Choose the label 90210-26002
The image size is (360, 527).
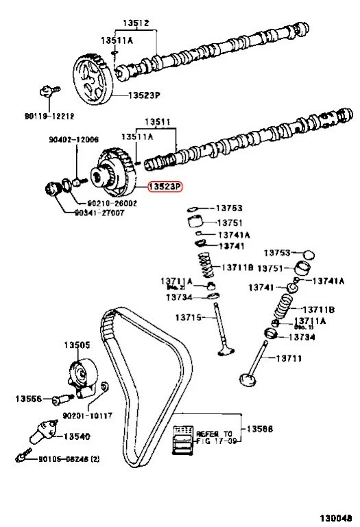pyautogui.click(x=112, y=203)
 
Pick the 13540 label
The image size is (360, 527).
pyautogui.click(x=77, y=436)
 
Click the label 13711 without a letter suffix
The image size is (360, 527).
pyautogui.click(x=289, y=358)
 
